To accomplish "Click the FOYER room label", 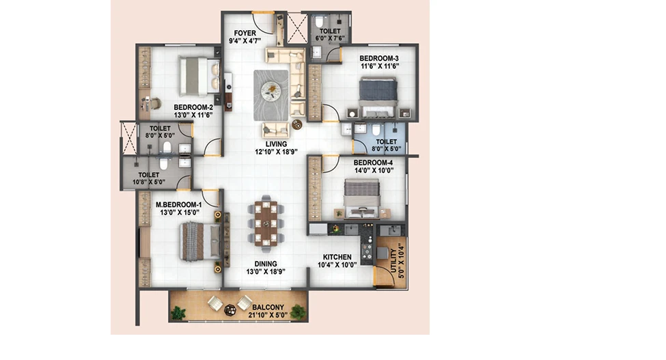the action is [x=245, y=33].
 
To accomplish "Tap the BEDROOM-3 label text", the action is [x=379, y=58].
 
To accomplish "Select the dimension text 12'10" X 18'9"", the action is [x=276, y=152].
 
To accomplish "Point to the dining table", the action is [x=266, y=223].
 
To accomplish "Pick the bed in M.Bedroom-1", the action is [x=200, y=241].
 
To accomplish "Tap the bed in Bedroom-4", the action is [x=361, y=197].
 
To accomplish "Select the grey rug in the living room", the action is [x=271, y=95].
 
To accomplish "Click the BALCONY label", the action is [x=268, y=307].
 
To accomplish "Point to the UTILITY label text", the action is [x=393, y=261].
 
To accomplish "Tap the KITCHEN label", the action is [x=337, y=257].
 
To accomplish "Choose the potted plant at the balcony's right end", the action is [x=299, y=312].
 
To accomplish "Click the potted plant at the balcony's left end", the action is [x=178, y=314].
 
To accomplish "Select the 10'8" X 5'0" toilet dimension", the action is [x=149, y=182].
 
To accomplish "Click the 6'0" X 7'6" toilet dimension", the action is [x=330, y=38].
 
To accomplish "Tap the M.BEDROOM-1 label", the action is [x=178, y=205].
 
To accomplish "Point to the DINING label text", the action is [x=266, y=264].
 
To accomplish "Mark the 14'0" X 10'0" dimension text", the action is [x=374, y=170].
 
